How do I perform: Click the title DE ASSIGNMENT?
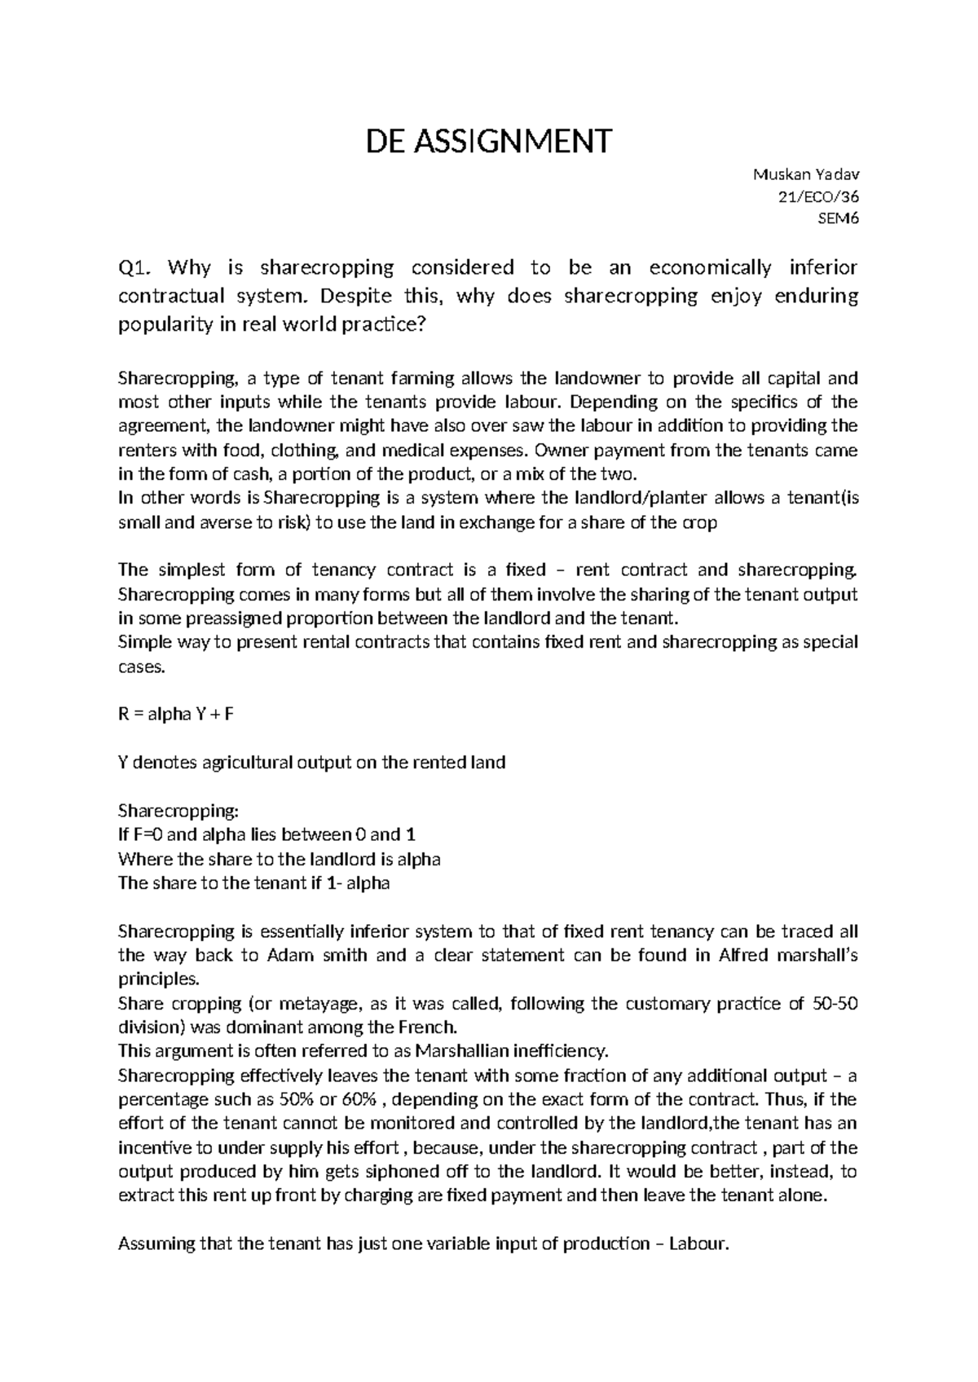(x=488, y=142)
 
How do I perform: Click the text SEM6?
(x=842, y=218)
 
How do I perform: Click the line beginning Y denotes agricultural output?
(x=311, y=763)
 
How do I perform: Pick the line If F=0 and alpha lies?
(x=267, y=834)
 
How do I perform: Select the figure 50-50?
(x=835, y=1003)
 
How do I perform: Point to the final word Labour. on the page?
(x=697, y=1244)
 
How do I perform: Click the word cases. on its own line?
(x=142, y=667)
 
